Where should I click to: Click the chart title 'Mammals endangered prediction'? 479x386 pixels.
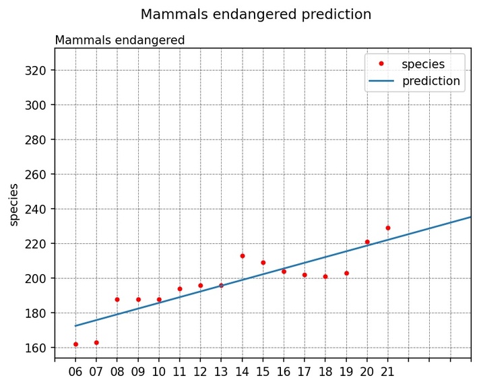click(255, 14)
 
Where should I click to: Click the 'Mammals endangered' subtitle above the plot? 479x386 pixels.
click(119, 40)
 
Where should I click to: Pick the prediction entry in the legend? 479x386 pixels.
click(430, 82)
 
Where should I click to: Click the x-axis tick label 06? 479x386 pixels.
click(75, 371)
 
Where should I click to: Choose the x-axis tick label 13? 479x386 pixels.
click(221, 371)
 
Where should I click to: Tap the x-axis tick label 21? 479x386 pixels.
click(387, 371)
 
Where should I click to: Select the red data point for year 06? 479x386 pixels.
click(75, 344)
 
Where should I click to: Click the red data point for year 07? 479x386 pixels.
click(96, 342)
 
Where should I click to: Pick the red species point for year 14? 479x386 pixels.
click(242, 256)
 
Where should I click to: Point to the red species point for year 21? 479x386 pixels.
click(387, 228)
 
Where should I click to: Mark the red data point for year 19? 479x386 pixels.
click(346, 273)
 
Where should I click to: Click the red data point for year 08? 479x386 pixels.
click(117, 299)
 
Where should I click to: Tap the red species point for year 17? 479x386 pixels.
click(305, 275)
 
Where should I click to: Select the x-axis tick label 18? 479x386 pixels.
click(325, 371)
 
